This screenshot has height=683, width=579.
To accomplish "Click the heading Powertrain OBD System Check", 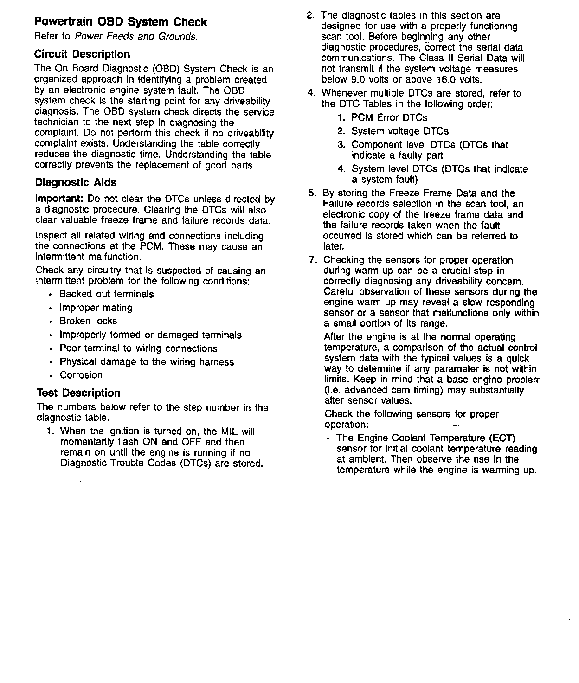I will [x=121, y=22].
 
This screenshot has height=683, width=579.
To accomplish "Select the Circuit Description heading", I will [x=82, y=54].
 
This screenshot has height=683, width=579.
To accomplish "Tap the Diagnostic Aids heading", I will [x=76, y=182].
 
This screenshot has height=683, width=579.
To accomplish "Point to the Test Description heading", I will [x=78, y=393].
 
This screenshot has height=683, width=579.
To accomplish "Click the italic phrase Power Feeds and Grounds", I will [x=136, y=36].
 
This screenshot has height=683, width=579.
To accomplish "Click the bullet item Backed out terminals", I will [x=106, y=294].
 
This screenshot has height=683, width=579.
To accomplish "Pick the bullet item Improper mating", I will [x=96, y=308].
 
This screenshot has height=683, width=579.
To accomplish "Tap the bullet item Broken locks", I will [x=88, y=321].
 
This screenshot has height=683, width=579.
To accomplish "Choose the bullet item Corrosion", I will [x=81, y=375].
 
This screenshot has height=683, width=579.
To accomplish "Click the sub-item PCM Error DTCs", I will [x=389, y=117].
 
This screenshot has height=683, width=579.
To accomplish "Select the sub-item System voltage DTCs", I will [x=399, y=131].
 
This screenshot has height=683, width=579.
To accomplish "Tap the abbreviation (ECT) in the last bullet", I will [x=502, y=438].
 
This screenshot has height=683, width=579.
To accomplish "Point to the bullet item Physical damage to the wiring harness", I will [x=147, y=362].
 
